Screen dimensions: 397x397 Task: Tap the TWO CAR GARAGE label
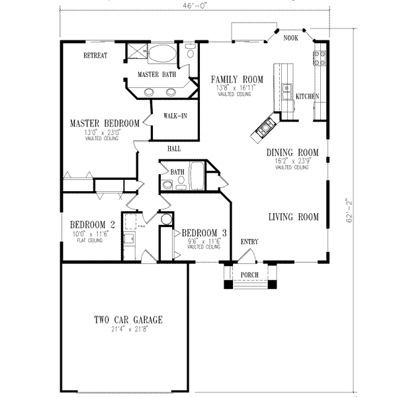click(x=128, y=320)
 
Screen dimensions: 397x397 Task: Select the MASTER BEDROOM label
click(x=105, y=123)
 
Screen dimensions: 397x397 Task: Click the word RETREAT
click(x=95, y=56)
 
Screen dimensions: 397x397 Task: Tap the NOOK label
click(x=290, y=38)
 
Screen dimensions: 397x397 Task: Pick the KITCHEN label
click(x=307, y=97)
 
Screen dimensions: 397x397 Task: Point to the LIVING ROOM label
click(x=293, y=216)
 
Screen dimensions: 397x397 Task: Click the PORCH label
click(x=249, y=275)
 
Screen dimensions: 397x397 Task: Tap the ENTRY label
click(x=249, y=242)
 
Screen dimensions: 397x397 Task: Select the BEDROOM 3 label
click(x=204, y=233)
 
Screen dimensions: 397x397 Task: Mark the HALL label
click(x=174, y=149)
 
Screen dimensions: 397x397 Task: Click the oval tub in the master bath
click(x=161, y=54)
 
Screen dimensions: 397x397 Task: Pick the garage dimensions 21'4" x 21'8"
click(x=128, y=329)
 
